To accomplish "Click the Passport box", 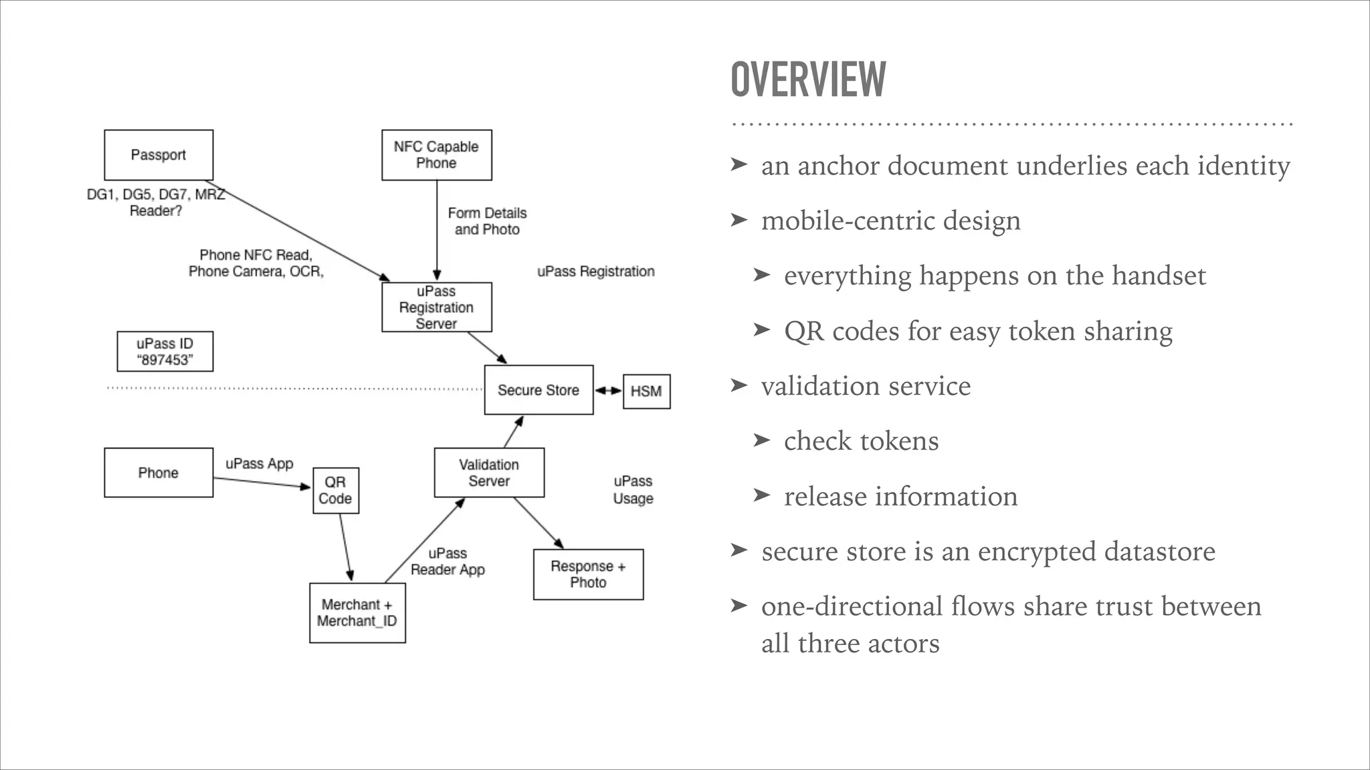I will click(159, 155).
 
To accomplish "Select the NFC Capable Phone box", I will click(436, 155).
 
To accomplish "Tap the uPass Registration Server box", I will click(436, 307).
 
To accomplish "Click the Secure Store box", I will click(539, 390).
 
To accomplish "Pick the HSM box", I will click(646, 391).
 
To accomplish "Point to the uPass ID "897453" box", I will click(165, 352).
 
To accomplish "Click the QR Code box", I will click(335, 491).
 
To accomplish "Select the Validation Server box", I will click(489, 473).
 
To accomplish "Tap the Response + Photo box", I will click(588, 574).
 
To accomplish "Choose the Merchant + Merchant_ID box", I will click(357, 613).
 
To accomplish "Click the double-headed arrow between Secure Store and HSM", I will click(608, 390).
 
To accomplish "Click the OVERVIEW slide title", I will click(808, 80).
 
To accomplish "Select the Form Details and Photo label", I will click(487, 221).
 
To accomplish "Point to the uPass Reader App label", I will click(448, 561).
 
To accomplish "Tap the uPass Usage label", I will click(633, 490).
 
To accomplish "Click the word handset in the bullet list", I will click(1158, 276).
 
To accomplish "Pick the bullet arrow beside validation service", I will click(739, 385).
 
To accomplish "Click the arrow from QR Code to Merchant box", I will click(346, 547).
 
